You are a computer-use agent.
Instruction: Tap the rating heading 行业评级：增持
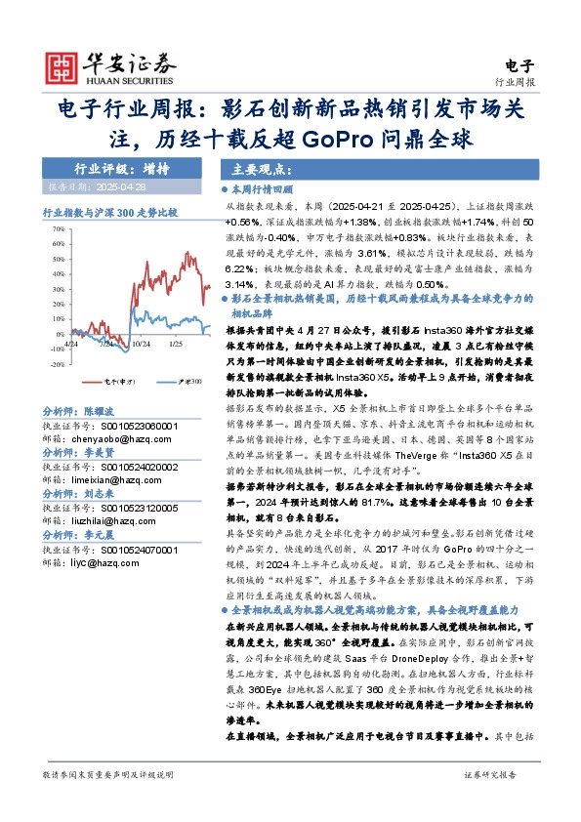[108, 169]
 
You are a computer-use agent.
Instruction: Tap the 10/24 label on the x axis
[141, 344]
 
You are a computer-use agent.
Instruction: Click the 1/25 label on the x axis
[177, 344]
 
